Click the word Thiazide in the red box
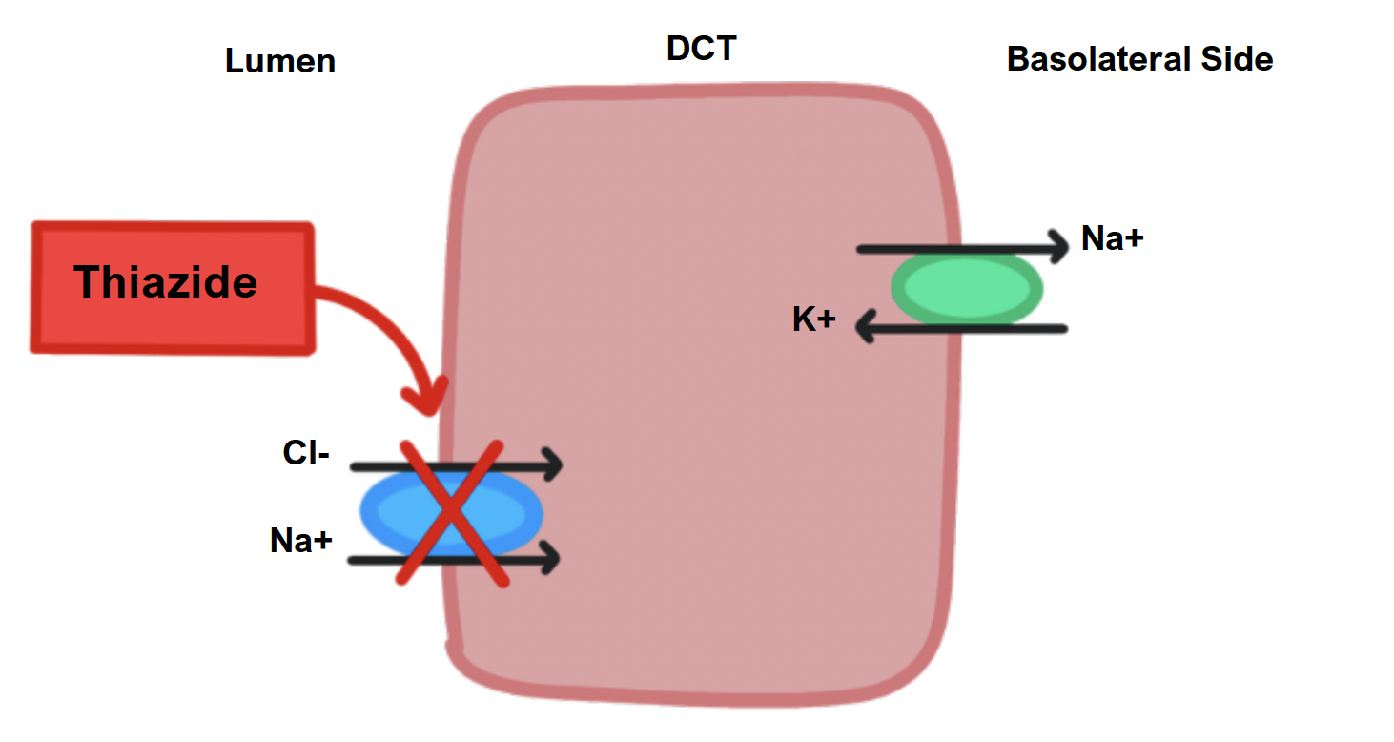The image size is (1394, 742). coord(166,282)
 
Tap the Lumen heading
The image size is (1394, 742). coord(280,62)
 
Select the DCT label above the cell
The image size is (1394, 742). coord(701,49)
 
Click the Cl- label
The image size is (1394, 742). coord(306,454)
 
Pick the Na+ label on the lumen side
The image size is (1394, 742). coord(301,542)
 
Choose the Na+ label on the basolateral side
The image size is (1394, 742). coord(1112,238)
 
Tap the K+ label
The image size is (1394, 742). coord(814,320)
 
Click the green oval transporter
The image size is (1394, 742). coord(967,287)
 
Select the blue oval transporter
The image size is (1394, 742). coord(451,513)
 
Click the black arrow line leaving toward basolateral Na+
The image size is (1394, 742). coord(953,249)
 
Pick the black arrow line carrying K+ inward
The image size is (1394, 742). coord(963,329)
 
